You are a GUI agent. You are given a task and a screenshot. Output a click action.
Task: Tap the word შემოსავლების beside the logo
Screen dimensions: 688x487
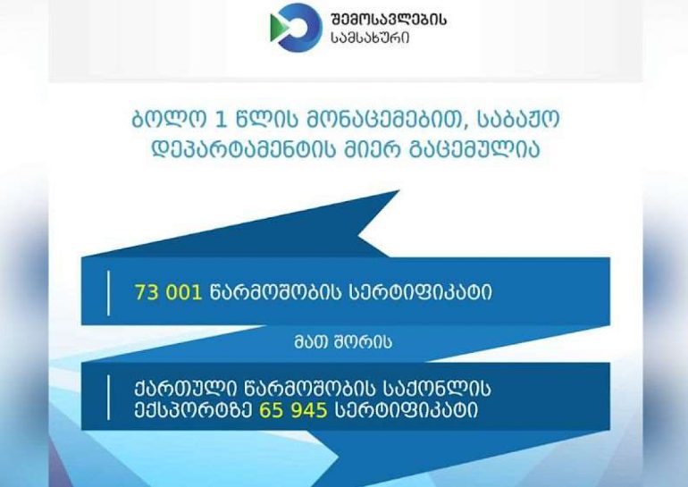[x=389, y=20]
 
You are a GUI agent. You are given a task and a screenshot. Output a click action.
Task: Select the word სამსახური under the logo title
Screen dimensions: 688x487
[x=370, y=38]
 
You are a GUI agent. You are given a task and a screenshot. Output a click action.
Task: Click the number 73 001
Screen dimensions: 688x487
[x=168, y=292]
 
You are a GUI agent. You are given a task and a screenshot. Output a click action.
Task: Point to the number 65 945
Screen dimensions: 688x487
[x=293, y=411]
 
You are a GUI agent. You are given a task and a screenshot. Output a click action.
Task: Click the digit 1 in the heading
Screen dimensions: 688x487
[x=221, y=120]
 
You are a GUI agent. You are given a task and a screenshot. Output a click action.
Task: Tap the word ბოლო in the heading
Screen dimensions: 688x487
[x=168, y=120]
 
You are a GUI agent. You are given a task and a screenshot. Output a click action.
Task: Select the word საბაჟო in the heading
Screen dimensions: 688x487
[x=518, y=119]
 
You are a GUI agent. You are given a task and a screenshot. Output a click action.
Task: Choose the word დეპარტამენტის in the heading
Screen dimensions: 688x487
[x=244, y=149]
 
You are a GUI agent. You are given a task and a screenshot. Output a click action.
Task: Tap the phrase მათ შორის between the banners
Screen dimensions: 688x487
[x=343, y=342]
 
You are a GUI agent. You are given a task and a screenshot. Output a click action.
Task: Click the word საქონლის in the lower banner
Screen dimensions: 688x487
[x=437, y=389]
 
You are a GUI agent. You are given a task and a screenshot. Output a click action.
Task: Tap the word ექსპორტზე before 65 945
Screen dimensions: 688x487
[x=193, y=411]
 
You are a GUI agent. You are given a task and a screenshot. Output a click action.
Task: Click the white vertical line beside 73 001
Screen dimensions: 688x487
[x=108, y=293]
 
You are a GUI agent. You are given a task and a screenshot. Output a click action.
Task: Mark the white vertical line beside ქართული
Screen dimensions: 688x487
[x=108, y=398]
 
